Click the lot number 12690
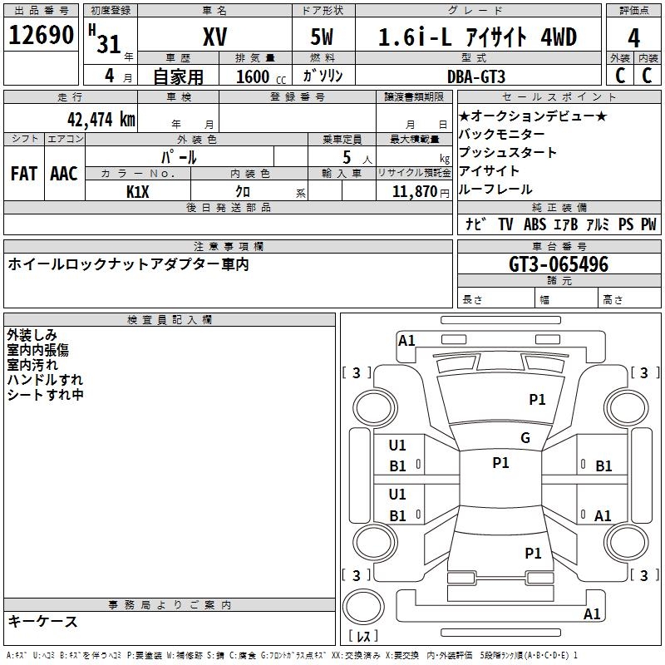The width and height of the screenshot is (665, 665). click(x=41, y=35)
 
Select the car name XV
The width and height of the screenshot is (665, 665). click(x=215, y=37)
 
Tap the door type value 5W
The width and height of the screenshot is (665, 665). click(x=322, y=37)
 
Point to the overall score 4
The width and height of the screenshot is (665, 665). click(x=633, y=38)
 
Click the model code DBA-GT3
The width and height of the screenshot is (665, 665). click(x=476, y=76)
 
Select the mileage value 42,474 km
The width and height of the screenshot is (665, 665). click(x=101, y=120)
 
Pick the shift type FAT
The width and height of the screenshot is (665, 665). click(x=24, y=174)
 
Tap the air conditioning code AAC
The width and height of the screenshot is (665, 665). click(x=64, y=174)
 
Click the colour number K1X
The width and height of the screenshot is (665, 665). click(x=138, y=192)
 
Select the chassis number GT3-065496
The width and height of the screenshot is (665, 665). click(x=559, y=264)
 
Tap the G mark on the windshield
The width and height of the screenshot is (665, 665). click(x=525, y=438)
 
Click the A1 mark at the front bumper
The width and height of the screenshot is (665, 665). click(x=406, y=341)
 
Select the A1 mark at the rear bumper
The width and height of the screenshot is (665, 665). click(x=592, y=613)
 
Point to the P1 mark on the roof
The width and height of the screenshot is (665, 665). click(x=500, y=463)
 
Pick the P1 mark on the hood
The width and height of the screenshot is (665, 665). click(x=537, y=400)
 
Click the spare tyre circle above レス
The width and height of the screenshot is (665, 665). click(x=363, y=606)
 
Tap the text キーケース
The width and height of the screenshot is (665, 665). click(x=43, y=622)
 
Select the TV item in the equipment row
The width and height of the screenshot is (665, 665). click(x=505, y=224)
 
